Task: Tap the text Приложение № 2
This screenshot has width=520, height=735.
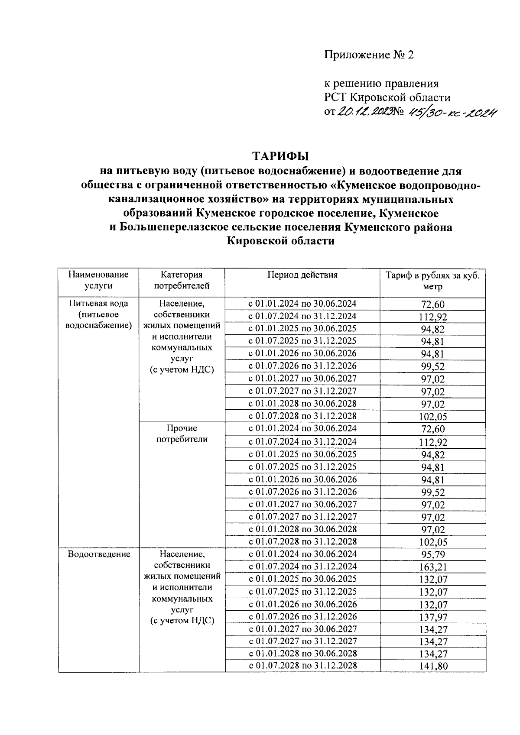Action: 369,55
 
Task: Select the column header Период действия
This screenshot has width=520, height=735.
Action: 302,275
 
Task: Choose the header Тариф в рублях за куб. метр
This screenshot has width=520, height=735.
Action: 432,281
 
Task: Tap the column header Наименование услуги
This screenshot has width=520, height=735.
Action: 98,280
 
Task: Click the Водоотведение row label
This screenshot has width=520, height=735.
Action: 99,554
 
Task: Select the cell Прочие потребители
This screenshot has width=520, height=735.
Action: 182,434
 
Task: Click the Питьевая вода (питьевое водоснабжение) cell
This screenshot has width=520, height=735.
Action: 98,314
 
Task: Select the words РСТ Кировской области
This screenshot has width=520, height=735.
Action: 387,97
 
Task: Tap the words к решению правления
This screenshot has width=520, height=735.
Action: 381,84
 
